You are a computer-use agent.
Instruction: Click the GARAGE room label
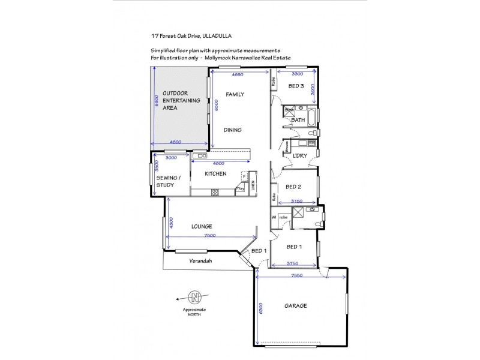pyautogui.click(x=295, y=305)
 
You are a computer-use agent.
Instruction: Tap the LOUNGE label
pyautogui.click(x=202, y=226)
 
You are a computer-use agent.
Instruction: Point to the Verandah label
pyautogui.click(x=200, y=261)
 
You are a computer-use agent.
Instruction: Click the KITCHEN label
pyautogui.click(x=215, y=174)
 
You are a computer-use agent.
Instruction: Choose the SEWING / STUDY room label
pyautogui.click(x=165, y=181)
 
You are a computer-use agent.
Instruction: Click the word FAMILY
pyautogui.click(x=235, y=94)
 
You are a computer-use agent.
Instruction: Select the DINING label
pyautogui.click(x=233, y=130)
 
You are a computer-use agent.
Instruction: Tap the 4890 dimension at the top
pyautogui.click(x=238, y=75)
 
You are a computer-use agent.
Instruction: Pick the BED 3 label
pyautogui.click(x=296, y=86)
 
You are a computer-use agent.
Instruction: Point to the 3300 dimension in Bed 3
pyautogui.click(x=296, y=74)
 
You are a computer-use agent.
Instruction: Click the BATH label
pyautogui.click(x=298, y=120)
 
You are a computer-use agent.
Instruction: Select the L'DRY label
pyautogui.click(x=299, y=156)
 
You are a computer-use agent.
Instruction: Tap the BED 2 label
pyautogui.click(x=293, y=187)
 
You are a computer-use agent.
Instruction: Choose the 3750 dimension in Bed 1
pyautogui.click(x=293, y=263)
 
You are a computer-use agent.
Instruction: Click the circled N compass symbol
pyautogui.click(x=194, y=297)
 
